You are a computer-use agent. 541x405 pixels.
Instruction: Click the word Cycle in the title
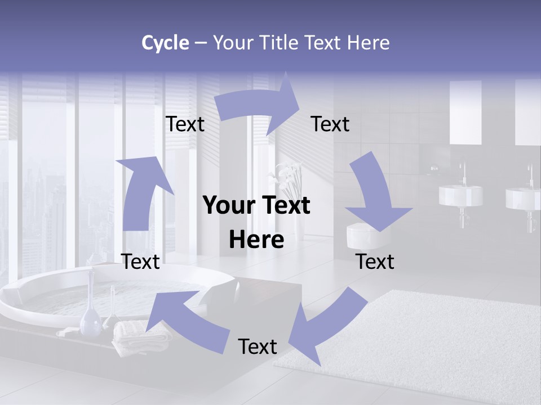[165, 43]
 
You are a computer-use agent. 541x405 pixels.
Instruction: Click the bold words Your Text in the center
[256, 205]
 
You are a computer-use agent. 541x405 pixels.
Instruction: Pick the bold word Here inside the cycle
[256, 240]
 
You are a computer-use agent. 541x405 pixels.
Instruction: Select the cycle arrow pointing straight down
[375, 197]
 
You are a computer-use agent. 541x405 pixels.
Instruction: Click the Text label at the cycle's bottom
[258, 346]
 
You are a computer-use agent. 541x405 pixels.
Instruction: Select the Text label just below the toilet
[375, 262]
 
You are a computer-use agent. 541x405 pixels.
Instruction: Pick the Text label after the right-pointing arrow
[330, 124]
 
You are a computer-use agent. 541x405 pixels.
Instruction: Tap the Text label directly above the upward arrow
[185, 124]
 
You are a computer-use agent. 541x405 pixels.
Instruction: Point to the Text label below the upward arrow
[140, 262]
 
